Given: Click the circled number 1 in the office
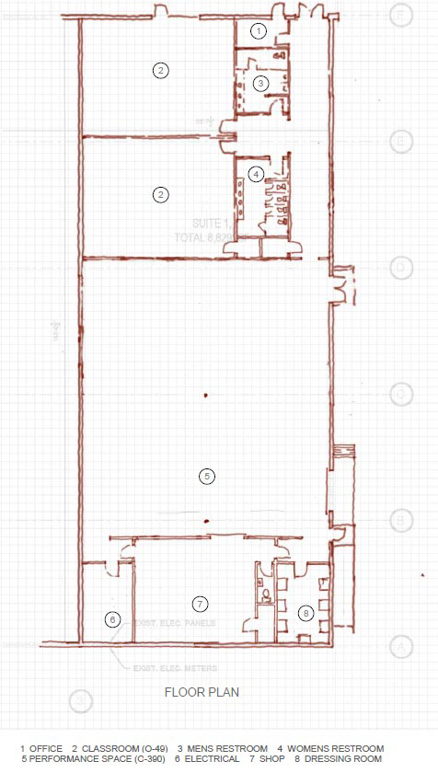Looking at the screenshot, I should pos(259,31).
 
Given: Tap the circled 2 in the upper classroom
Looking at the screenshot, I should pos(160,70).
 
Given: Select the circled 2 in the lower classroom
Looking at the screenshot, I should pos(160,193).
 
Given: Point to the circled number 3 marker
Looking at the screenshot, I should pos(260,83).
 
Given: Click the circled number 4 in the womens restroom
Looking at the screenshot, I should pos(256,173).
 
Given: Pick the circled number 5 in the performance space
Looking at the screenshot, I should pos(207,476).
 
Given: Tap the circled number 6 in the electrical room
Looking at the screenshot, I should pos(112,620).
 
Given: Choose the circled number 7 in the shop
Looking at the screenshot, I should pos(199,604).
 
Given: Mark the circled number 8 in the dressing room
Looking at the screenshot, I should pos(305,611).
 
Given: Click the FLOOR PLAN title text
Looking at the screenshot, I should pos(202,693).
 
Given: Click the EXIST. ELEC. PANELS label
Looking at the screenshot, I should pos(174,623).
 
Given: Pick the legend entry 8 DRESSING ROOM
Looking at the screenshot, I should pos(340,759).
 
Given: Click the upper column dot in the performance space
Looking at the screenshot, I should pos(206,396).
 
